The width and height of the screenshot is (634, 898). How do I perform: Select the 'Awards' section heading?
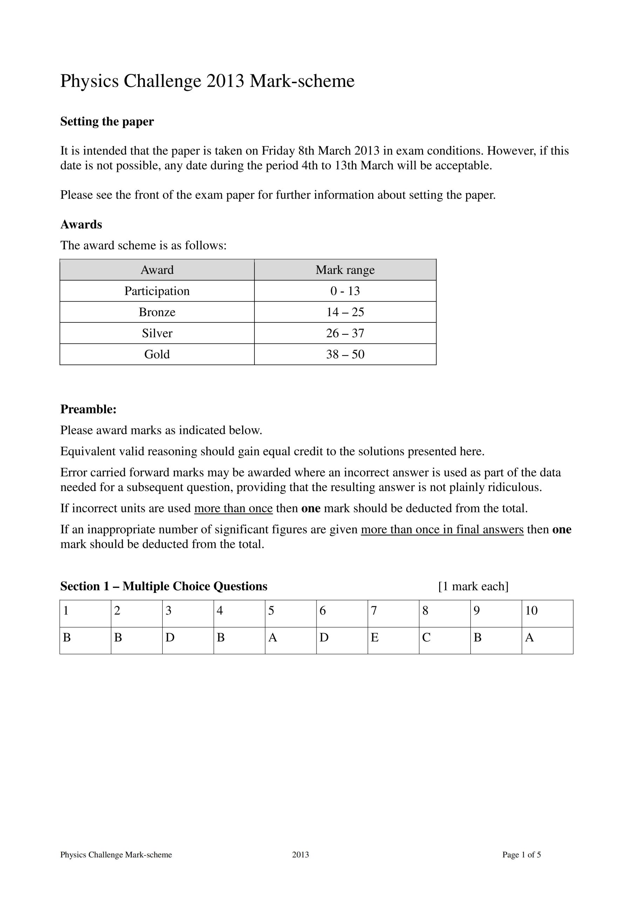point(81,224)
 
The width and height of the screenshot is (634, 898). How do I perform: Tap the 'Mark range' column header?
point(345,270)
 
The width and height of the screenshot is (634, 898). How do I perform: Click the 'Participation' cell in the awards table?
point(157,291)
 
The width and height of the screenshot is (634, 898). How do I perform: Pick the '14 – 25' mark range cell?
point(345,312)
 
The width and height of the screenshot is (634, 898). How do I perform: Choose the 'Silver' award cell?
point(157,333)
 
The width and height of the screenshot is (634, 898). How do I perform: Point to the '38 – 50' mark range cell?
point(345,354)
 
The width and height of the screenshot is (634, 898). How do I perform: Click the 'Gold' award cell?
point(157,354)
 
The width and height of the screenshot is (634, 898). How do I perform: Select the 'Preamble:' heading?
point(88,409)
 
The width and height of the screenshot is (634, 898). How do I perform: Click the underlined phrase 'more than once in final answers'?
point(442,530)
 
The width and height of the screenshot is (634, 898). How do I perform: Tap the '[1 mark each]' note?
point(473,586)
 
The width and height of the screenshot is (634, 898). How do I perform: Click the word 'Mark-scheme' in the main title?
point(302,81)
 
